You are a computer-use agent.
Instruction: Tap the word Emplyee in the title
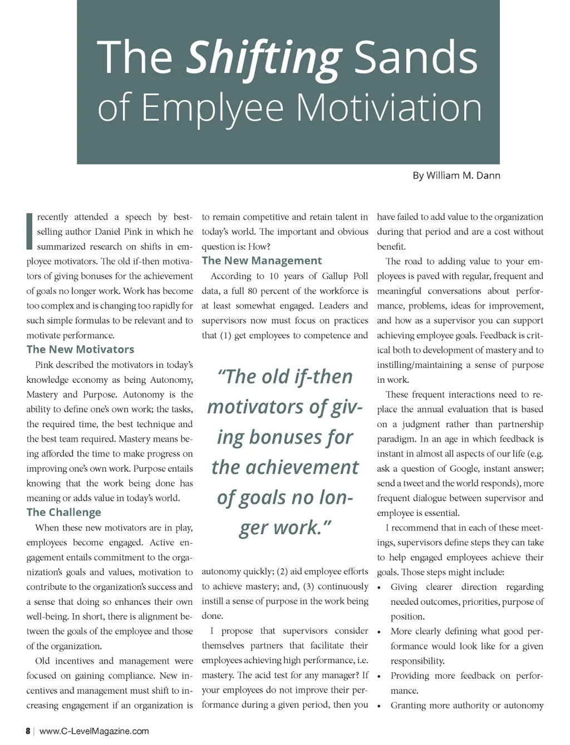coord(213,107)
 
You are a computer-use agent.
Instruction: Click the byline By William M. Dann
coord(456,176)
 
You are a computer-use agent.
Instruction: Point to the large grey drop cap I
coord(30,231)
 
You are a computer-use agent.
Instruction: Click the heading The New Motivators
coord(80,349)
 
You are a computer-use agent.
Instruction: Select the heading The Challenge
coord(63,512)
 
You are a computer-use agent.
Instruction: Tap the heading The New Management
coord(262,261)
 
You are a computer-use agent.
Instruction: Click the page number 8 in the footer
coord(28,731)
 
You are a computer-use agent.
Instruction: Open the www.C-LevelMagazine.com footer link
coord(94,731)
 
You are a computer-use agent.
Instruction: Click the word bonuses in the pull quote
coord(285,437)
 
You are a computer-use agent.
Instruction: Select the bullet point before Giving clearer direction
coord(379,588)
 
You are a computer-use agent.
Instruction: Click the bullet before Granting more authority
coord(379,706)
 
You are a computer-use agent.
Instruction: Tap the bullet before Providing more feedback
coord(379,677)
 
